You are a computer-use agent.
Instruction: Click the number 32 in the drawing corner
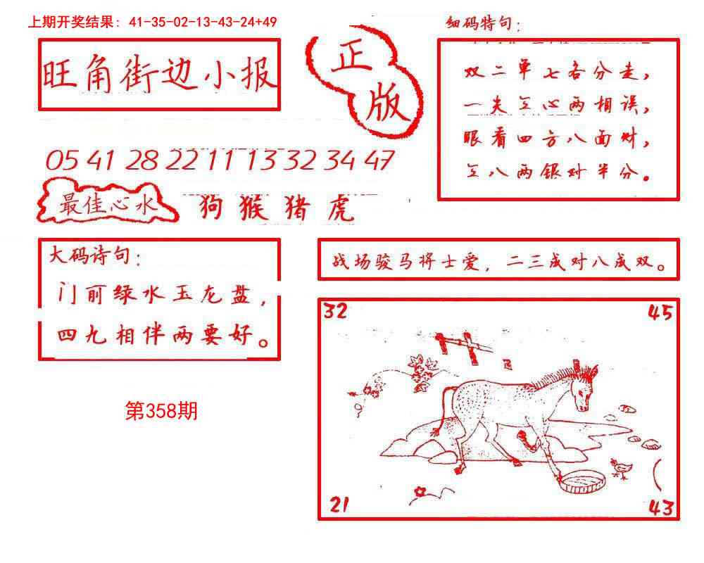(x=336, y=311)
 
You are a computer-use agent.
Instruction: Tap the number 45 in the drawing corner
(x=661, y=312)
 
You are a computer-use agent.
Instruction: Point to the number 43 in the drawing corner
(x=660, y=506)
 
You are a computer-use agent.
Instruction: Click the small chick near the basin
(x=620, y=469)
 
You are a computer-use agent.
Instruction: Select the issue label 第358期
(x=161, y=412)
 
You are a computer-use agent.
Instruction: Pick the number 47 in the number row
(x=379, y=160)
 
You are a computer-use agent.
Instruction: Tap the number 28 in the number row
(x=143, y=161)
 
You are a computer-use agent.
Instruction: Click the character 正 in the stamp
(x=351, y=68)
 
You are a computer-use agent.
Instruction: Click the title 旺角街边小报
(x=159, y=74)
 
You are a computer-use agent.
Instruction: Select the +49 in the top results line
(x=266, y=22)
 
